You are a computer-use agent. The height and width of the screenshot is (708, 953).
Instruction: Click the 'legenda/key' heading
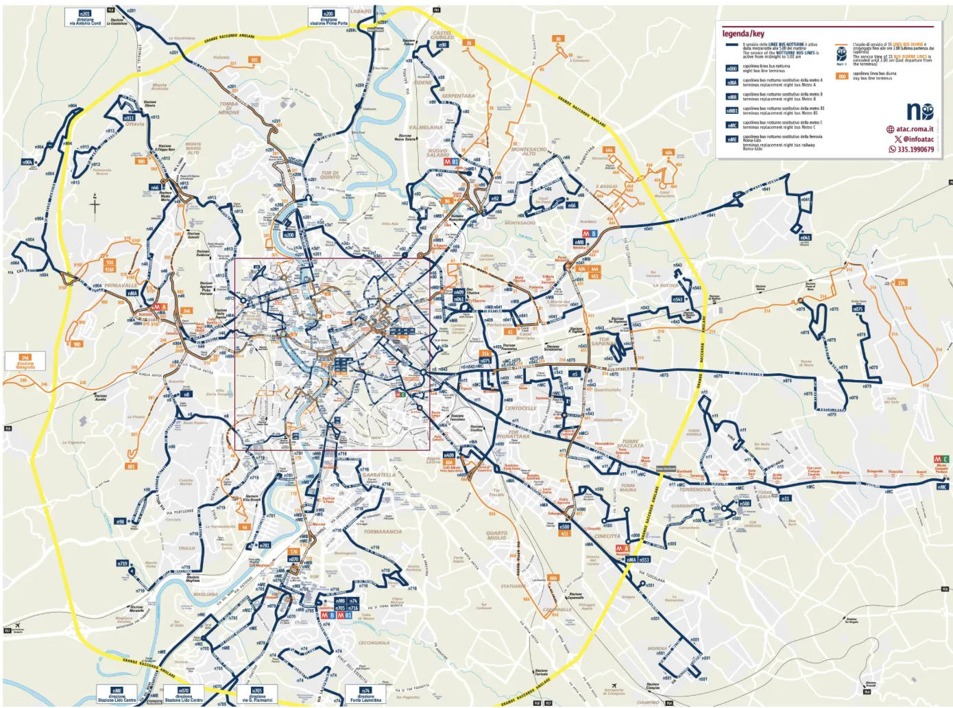tap(743, 34)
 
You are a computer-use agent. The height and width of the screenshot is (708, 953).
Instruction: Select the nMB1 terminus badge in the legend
tap(732, 110)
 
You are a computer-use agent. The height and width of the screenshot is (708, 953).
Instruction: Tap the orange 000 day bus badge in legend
tap(842, 76)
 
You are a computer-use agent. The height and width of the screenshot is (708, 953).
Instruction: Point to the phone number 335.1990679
tap(915, 149)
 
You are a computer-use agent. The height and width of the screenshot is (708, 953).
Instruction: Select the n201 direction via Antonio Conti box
tap(85, 18)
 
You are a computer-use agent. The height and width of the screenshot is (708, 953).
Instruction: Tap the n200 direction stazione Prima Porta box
tap(328, 18)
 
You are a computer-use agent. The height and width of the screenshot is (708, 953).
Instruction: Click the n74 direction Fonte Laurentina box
tap(365, 694)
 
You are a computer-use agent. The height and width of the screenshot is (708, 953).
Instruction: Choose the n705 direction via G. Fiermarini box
tap(257, 694)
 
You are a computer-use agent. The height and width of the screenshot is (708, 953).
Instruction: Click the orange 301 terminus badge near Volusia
tap(254, 60)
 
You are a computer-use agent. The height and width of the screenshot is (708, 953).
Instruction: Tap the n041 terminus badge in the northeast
tap(805, 237)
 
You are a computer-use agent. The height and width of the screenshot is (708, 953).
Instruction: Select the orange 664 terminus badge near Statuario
tap(553, 578)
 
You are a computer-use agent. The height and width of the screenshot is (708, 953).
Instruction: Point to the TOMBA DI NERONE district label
tap(229, 108)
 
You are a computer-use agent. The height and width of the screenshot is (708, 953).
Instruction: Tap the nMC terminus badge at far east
tap(942, 487)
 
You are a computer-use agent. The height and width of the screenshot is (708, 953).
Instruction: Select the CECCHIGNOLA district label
tap(374, 643)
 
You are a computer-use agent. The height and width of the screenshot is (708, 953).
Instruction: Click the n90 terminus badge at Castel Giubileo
tap(442, 45)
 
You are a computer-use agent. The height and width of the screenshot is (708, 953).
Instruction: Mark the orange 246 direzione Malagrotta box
tap(25, 361)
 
